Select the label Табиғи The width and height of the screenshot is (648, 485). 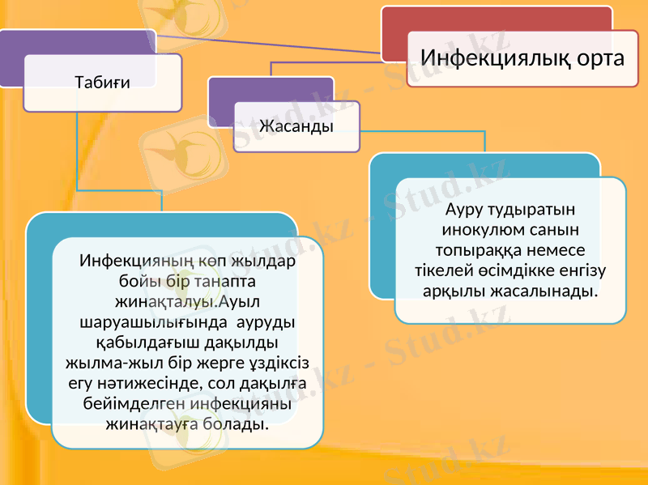(x=102, y=81)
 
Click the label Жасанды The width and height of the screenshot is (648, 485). (x=296, y=126)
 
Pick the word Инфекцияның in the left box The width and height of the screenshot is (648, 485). (x=132, y=262)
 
